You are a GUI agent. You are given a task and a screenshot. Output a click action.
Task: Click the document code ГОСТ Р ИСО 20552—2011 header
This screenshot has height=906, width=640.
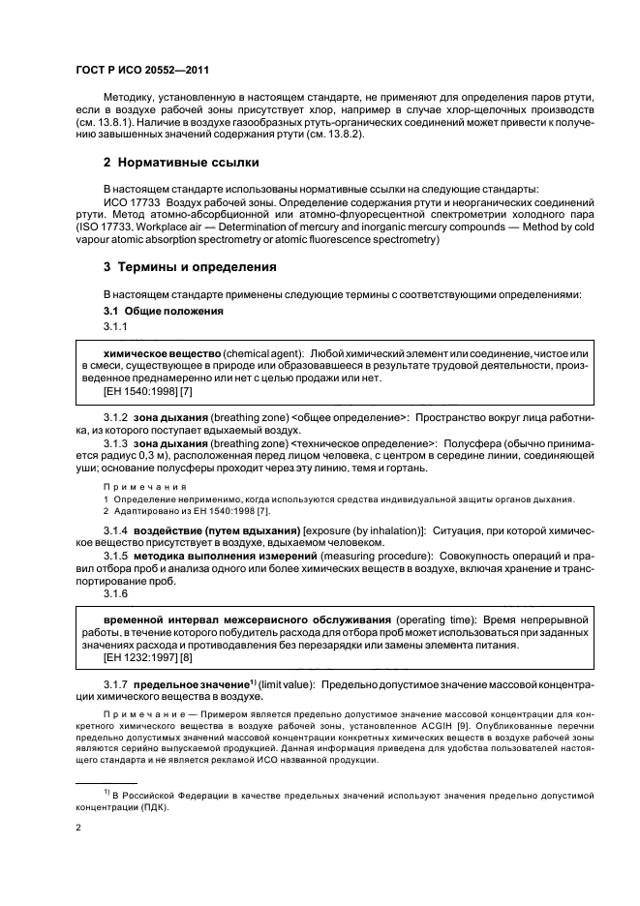tap(142, 71)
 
